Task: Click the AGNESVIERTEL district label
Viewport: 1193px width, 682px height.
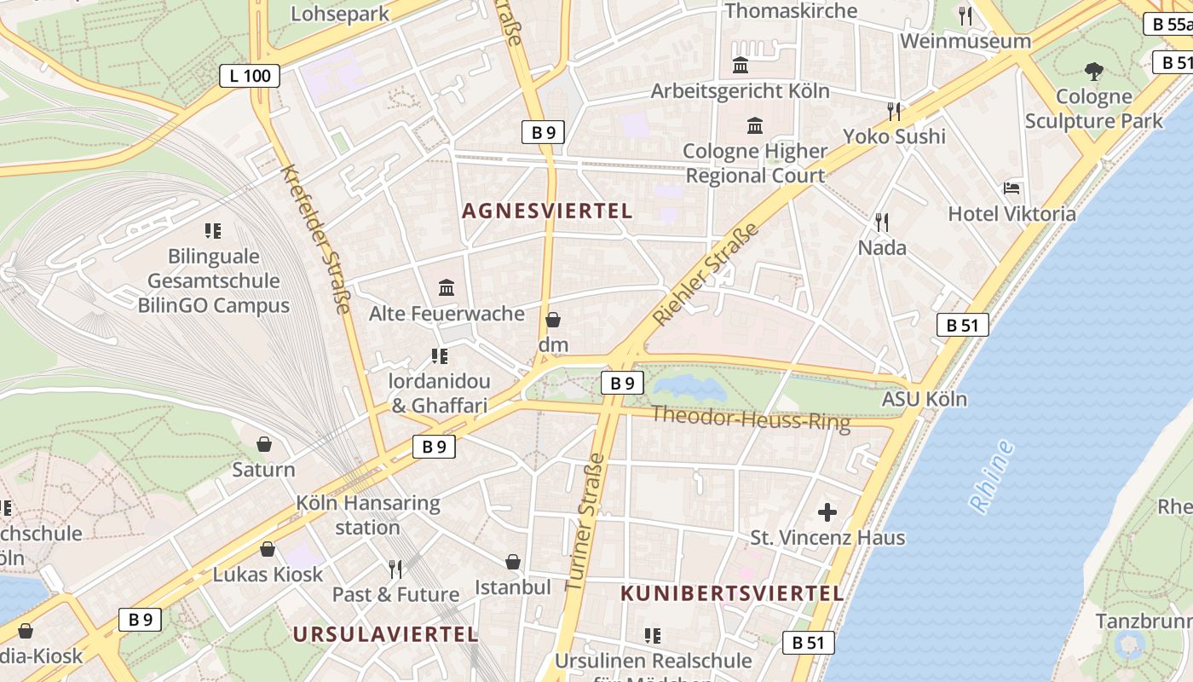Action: click(547, 211)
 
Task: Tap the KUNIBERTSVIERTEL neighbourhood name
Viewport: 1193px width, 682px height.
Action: click(732, 593)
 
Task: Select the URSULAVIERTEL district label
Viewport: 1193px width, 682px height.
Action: click(385, 634)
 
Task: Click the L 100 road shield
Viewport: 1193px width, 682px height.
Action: click(251, 76)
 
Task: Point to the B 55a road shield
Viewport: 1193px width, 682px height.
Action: click(1170, 24)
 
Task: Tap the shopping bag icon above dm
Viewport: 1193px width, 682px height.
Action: click(553, 320)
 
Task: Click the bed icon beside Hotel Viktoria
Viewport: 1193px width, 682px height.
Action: click(1011, 188)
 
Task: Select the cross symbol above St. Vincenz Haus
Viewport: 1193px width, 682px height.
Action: click(827, 512)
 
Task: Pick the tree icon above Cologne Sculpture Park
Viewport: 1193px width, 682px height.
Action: click(1094, 71)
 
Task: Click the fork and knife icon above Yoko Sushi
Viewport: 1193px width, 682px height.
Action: click(894, 111)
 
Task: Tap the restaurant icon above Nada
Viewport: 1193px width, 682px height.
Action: click(882, 223)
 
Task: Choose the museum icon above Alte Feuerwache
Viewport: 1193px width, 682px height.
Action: click(447, 287)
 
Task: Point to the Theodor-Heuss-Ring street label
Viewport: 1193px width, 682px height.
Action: click(751, 418)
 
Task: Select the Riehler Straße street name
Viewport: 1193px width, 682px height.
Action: click(705, 275)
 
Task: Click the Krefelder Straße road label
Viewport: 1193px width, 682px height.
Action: click(315, 239)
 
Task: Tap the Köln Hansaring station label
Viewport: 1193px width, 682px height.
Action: click(367, 515)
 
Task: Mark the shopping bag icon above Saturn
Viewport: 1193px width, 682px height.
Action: click(264, 444)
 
